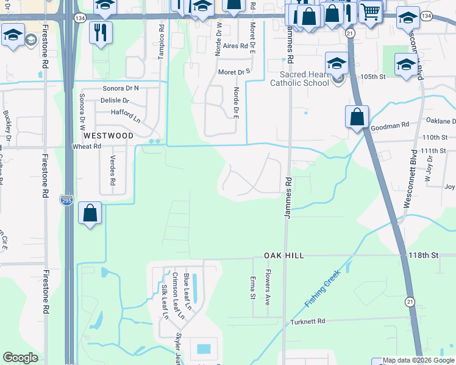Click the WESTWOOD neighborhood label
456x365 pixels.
(108, 136)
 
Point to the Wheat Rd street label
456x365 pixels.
(87, 147)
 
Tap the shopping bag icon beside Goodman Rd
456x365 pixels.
(357, 117)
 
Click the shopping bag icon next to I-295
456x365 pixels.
(90, 214)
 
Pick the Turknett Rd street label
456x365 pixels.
(308, 321)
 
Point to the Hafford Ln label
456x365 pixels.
(126, 113)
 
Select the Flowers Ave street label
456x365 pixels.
(267, 289)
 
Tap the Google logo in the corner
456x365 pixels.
(20, 358)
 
